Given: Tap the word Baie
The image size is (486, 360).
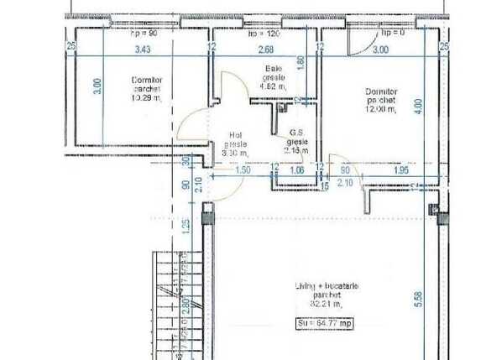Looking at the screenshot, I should pos(271,69).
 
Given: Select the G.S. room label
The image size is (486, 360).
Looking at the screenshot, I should pos(296,133).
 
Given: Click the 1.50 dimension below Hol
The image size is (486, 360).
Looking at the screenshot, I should pos(243,170).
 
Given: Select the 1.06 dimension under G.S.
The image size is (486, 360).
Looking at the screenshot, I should pos(296,170).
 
